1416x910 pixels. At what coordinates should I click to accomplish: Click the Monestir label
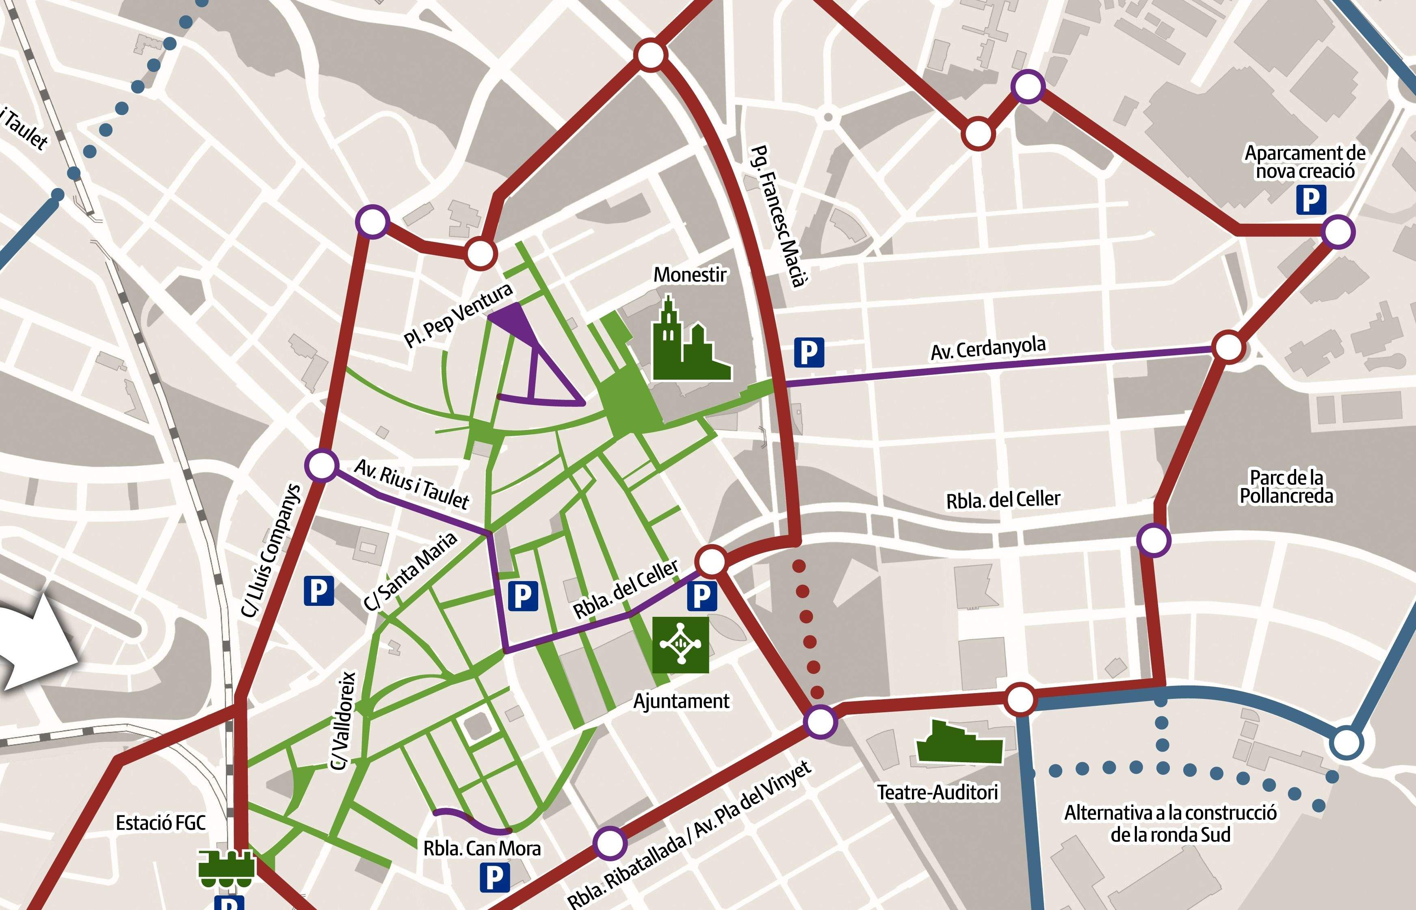tap(690, 275)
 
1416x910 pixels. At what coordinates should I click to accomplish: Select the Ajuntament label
tap(681, 701)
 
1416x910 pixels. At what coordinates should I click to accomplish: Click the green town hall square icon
tap(680, 645)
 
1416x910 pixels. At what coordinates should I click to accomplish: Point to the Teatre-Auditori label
tap(938, 792)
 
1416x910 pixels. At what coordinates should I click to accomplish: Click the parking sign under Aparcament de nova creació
tap(1311, 200)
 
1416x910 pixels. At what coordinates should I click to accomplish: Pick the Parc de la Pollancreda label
tap(1286, 486)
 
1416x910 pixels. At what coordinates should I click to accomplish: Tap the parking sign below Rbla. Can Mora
tap(494, 878)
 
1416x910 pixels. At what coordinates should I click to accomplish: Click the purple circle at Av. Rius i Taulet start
tap(322, 465)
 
